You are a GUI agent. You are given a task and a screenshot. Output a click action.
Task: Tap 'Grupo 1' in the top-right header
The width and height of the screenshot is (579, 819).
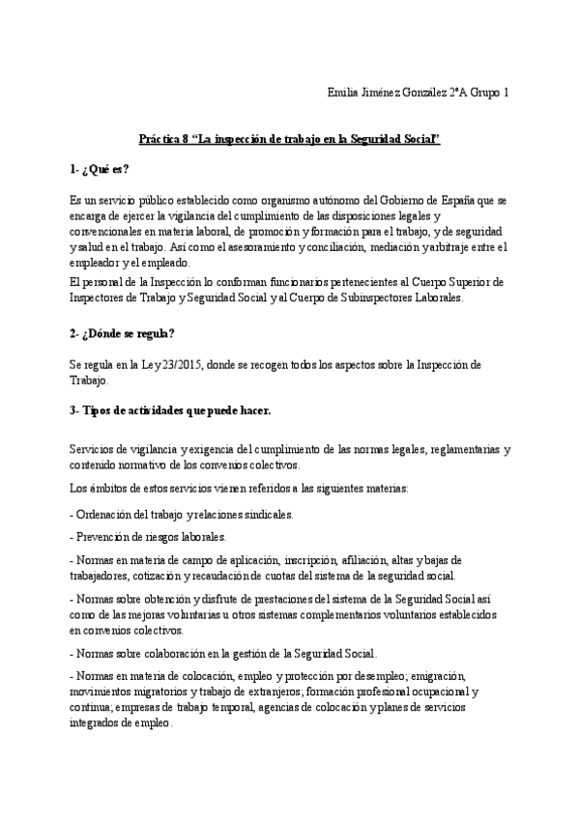[x=487, y=93]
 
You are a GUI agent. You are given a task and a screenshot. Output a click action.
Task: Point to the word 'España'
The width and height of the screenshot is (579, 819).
[x=450, y=201]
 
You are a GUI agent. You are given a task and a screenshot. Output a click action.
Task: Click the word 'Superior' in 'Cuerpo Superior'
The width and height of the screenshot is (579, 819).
[x=463, y=281]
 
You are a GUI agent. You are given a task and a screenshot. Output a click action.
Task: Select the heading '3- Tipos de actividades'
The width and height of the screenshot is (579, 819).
[x=170, y=409]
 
